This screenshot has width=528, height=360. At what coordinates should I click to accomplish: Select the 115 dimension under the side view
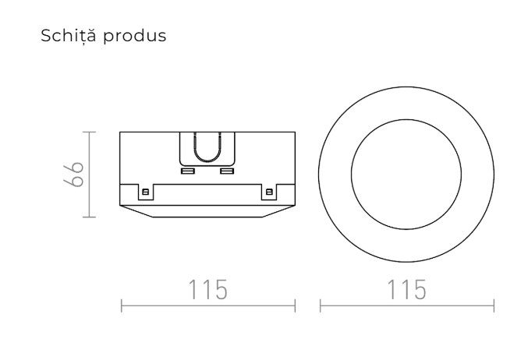(x=208, y=290)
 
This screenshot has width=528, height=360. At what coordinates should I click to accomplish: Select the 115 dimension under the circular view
(x=406, y=290)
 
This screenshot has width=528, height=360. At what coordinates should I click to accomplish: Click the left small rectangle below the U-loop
(x=188, y=170)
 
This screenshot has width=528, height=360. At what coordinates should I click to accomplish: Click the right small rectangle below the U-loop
(x=227, y=170)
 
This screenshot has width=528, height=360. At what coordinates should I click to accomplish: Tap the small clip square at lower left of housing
(x=144, y=191)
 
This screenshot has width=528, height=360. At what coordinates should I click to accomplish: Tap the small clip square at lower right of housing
(x=270, y=191)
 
